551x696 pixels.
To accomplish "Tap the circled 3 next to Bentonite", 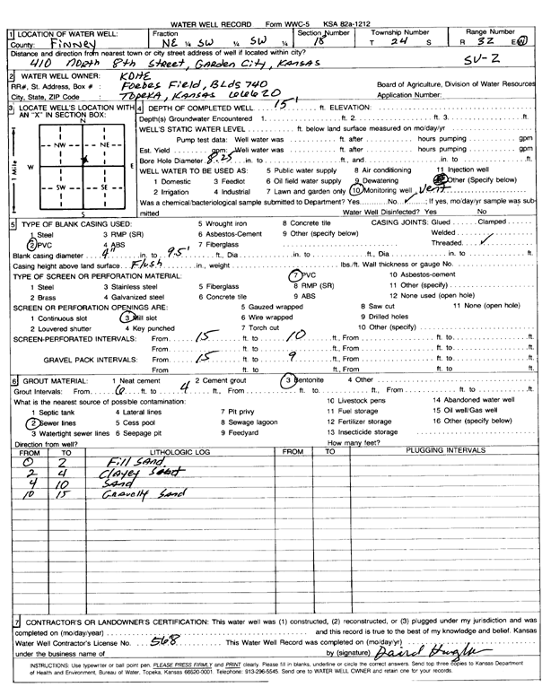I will pos(288,381).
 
